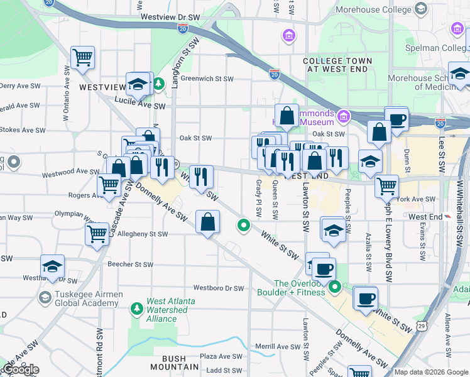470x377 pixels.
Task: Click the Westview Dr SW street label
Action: tap(170, 16)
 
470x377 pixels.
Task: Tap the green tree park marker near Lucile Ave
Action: tap(160, 83)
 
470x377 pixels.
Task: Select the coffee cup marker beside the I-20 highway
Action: tap(396, 119)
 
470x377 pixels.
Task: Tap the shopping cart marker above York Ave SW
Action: tap(386, 185)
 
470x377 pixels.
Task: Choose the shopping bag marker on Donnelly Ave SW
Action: tap(207, 222)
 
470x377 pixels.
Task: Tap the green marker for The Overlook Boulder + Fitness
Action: tap(334, 288)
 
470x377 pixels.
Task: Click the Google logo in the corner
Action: tap(20, 369)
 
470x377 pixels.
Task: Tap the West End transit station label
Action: tap(425, 216)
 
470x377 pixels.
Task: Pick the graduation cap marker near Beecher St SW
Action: tap(53, 266)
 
